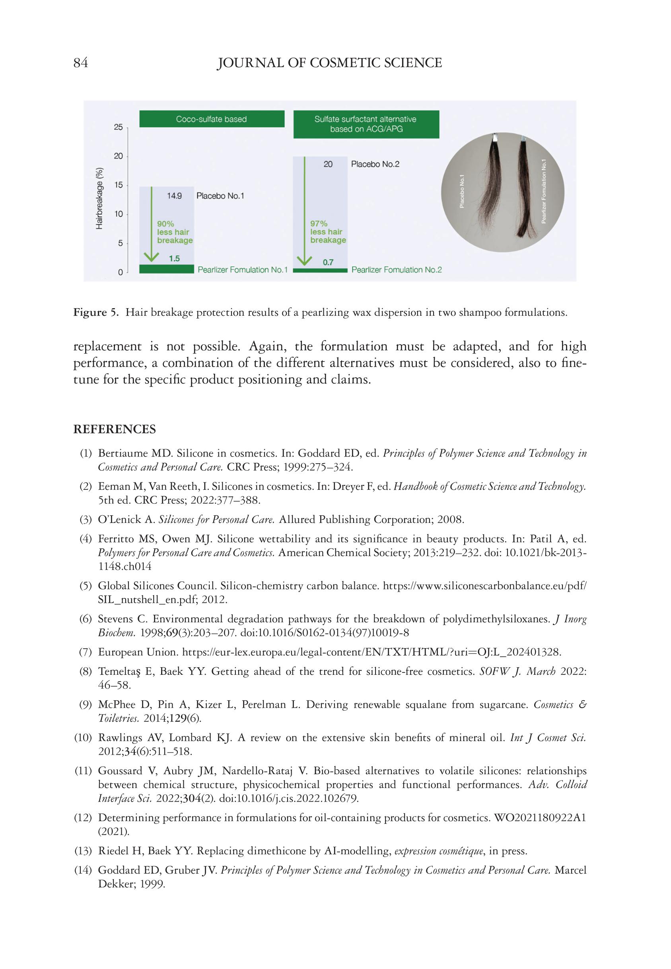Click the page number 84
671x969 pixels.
(x=80, y=62)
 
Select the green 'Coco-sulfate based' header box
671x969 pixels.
(x=212, y=119)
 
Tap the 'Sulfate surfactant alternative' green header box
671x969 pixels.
(x=366, y=124)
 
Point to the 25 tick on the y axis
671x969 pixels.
(x=119, y=127)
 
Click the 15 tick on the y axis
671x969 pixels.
(x=119, y=185)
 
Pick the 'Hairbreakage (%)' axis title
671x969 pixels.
(x=99, y=198)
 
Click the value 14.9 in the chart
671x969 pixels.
(x=174, y=196)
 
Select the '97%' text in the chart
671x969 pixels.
(x=319, y=223)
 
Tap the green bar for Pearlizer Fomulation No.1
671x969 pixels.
(x=167, y=269)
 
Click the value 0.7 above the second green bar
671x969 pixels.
(x=328, y=262)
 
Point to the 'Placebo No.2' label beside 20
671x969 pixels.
(x=375, y=164)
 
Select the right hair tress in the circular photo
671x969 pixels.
(x=524, y=189)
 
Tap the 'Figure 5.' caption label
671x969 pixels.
(x=96, y=312)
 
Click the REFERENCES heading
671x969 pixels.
(x=115, y=429)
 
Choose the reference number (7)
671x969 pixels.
(x=86, y=652)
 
